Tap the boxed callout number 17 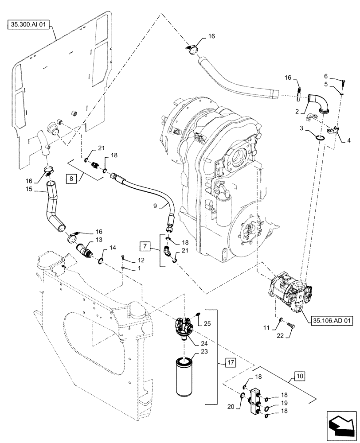point(231,362)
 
